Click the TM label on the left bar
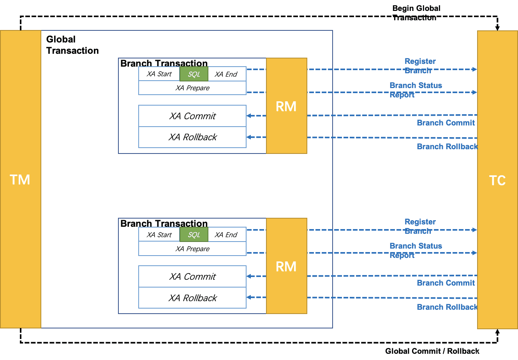tap(20, 180)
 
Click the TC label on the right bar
tap(497, 180)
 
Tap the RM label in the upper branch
tap(286, 106)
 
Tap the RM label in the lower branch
tap(286, 266)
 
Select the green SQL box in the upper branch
tap(194, 74)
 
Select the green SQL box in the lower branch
tap(194, 235)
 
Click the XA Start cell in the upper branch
tap(159, 74)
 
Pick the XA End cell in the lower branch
tap(227, 235)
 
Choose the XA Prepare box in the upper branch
tap(192, 88)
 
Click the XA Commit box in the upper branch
tap(192, 116)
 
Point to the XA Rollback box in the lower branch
tap(192, 298)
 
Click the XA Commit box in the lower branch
tap(192, 277)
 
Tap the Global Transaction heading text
tap(72, 45)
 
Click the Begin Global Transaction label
tap(416, 13)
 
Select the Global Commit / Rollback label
tap(432, 351)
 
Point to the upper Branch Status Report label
tap(416, 90)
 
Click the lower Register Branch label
tap(420, 226)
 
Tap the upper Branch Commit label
tap(446, 123)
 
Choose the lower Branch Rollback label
tap(448, 307)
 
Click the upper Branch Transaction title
tap(164, 63)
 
